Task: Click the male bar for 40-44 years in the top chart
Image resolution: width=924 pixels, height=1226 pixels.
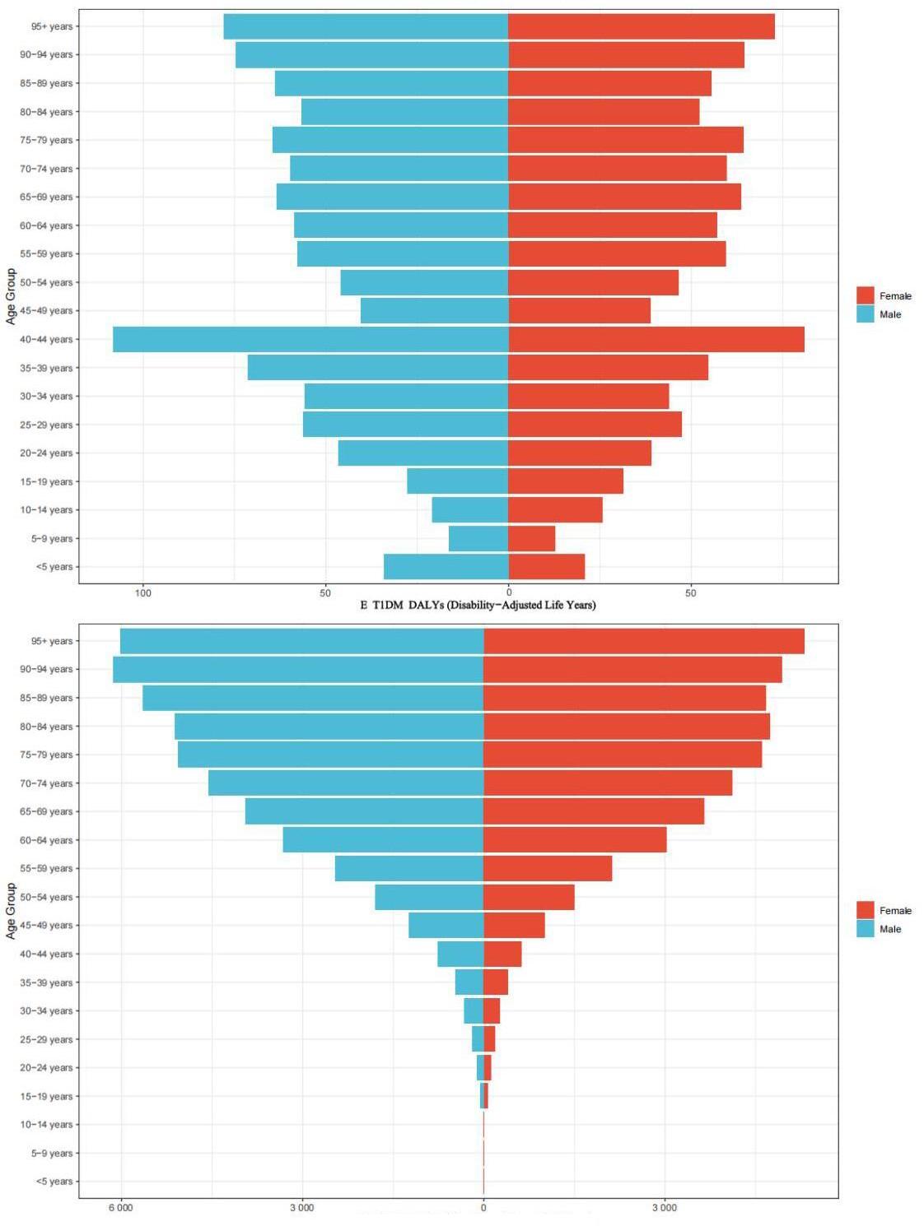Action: coord(310,339)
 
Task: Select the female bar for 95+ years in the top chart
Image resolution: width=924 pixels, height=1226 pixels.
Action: coord(642,26)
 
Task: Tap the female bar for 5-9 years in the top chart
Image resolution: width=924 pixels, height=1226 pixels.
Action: coord(531,538)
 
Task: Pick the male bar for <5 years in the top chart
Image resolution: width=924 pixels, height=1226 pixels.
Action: coord(446,567)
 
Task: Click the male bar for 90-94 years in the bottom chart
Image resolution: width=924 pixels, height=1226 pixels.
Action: coord(298,669)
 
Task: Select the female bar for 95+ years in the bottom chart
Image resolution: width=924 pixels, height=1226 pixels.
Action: coord(643,641)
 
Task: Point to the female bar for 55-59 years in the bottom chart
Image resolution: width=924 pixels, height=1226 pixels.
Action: coord(548,868)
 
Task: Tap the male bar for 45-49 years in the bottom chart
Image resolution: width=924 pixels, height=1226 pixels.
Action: coord(446,925)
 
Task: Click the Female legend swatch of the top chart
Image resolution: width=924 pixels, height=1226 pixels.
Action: coord(865,295)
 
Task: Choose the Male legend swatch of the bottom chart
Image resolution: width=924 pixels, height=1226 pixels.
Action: coord(865,929)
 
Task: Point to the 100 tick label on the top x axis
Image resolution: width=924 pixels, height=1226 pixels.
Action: coord(143,592)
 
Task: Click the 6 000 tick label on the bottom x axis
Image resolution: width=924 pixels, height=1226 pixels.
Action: coord(120,1207)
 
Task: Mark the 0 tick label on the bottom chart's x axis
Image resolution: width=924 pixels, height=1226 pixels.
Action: coord(483,1207)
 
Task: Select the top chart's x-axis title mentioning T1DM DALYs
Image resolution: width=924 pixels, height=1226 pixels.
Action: coord(478,605)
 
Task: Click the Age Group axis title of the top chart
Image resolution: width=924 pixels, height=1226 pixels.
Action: coord(11,296)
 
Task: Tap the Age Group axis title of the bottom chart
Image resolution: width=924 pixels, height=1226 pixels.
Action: coord(11,911)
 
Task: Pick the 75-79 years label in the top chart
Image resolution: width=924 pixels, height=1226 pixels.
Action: coord(47,140)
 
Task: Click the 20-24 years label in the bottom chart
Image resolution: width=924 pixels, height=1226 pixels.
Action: coord(47,1067)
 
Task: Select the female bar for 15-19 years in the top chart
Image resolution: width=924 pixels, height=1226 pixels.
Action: coord(566,481)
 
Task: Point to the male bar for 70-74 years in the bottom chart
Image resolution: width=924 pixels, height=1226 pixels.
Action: coord(346,783)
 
